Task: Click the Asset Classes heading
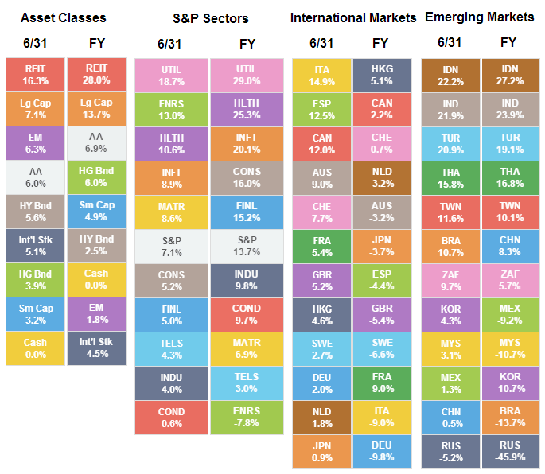tap(63, 17)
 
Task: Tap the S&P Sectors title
tap(210, 18)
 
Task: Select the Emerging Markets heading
tap(479, 17)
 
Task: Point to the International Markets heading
tap(353, 17)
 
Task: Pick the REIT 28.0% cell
tap(96, 75)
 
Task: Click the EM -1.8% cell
tap(96, 313)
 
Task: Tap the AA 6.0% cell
tap(35, 177)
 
